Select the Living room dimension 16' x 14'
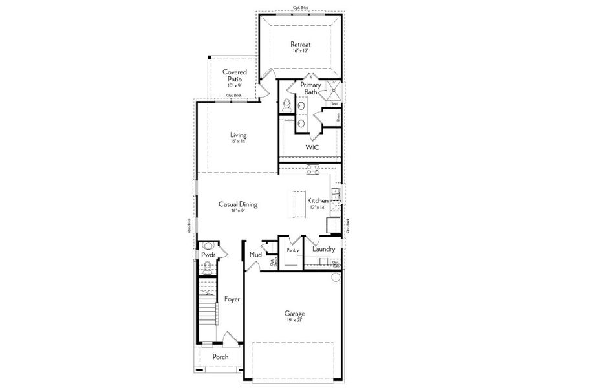(238, 142)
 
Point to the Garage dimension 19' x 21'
(295, 319)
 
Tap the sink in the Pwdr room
(208, 246)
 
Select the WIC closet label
(313, 147)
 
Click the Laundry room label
(323, 249)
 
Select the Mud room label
(255, 255)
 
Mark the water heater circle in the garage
(336, 277)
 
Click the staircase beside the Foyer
(207, 310)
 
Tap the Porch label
(221, 356)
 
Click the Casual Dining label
(238, 204)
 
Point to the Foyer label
(232, 299)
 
